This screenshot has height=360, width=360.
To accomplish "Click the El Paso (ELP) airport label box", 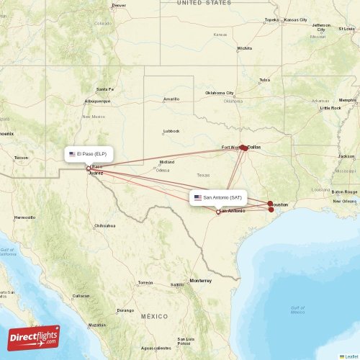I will pyautogui.click(x=89, y=154).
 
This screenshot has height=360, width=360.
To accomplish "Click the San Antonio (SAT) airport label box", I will pyautogui.click(x=220, y=197).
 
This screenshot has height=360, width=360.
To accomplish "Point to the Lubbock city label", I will pyautogui.click(x=171, y=131).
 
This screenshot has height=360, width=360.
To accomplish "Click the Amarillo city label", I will pyautogui.click(x=171, y=99).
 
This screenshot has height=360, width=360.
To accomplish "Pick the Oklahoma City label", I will pyautogui.click(x=220, y=93).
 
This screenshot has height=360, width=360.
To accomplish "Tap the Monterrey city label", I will pyautogui.click(x=201, y=279).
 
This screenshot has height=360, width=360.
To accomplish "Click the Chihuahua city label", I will pyautogui.click(x=104, y=225).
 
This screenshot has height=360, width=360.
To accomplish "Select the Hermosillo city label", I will pyautogui.click(x=24, y=217).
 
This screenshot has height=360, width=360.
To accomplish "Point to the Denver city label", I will pyautogui.click(x=119, y=5).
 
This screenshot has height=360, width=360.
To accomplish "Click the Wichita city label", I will pyautogui.click(x=245, y=48).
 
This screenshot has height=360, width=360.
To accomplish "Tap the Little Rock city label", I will pyautogui.click(x=330, y=108).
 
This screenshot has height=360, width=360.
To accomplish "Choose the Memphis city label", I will pyautogui.click(x=348, y=100).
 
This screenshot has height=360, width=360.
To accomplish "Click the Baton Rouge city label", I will pyautogui.click(x=344, y=192).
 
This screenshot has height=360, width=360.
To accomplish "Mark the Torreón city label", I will pyautogui.click(x=145, y=282).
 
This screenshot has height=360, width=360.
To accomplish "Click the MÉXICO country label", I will pyautogui.click(x=153, y=316).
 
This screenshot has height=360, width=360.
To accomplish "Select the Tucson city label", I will pyautogui.click(x=21, y=158).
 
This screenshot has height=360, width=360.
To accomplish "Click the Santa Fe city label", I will pyautogui.click(x=105, y=89).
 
